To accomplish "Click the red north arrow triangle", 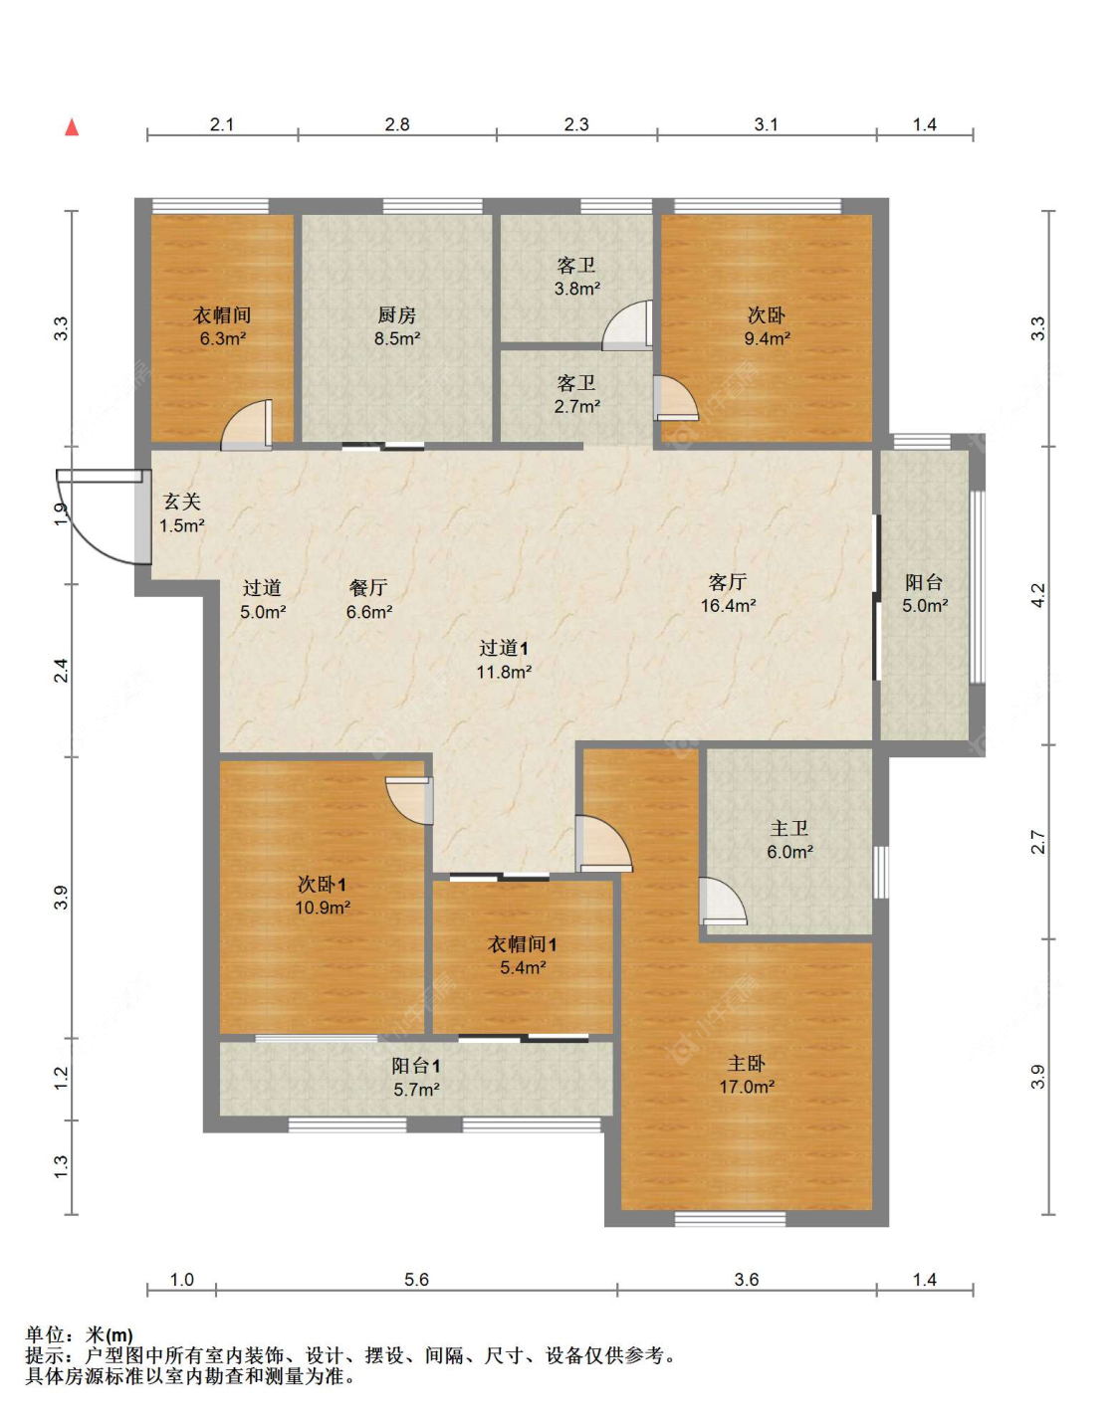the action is (72, 127).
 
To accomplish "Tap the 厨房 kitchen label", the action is (396, 315).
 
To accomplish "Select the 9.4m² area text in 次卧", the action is (766, 339).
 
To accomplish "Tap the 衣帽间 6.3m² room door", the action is (246, 425).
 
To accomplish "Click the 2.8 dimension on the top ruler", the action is (396, 124).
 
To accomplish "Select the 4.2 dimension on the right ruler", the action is (1038, 595).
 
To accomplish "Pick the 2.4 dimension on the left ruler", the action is (61, 670).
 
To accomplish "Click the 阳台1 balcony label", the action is (416, 1066).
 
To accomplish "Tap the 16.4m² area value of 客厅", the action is (728, 605).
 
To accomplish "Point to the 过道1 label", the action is (504, 648).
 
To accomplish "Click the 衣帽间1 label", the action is (522, 944).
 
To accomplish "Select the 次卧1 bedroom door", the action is (409, 801).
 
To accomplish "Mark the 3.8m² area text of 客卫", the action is (577, 288).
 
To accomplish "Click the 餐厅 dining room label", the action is (368, 587).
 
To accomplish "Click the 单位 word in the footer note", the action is (45, 1334).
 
